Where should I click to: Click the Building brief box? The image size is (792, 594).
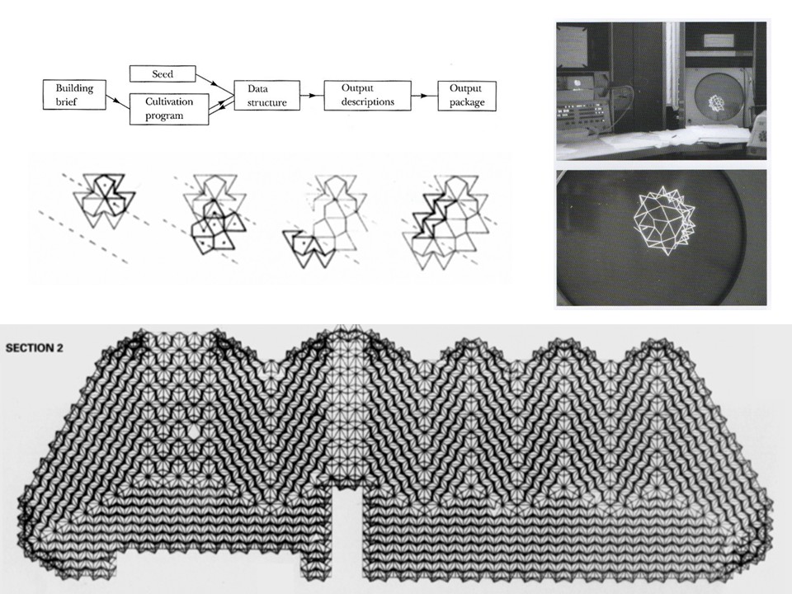pyautogui.click(x=74, y=94)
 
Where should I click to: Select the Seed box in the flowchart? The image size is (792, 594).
pyautogui.click(x=163, y=73)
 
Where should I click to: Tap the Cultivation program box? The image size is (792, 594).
pyautogui.click(x=169, y=109)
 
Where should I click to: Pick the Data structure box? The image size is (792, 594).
pyautogui.click(x=266, y=95)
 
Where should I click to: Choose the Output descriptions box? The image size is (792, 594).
pyautogui.click(x=367, y=95)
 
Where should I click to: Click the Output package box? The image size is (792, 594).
pyautogui.click(x=467, y=96)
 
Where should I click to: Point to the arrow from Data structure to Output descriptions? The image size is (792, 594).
pyautogui.click(x=312, y=95)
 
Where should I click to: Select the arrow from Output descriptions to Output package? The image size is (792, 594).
pyautogui.click(x=424, y=96)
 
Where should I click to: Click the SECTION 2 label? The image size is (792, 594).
pyautogui.click(x=35, y=347)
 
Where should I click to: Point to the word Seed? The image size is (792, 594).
pyautogui.click(x=163, y=73)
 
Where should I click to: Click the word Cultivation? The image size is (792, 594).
pyautogui.click(x=169, y=101)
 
